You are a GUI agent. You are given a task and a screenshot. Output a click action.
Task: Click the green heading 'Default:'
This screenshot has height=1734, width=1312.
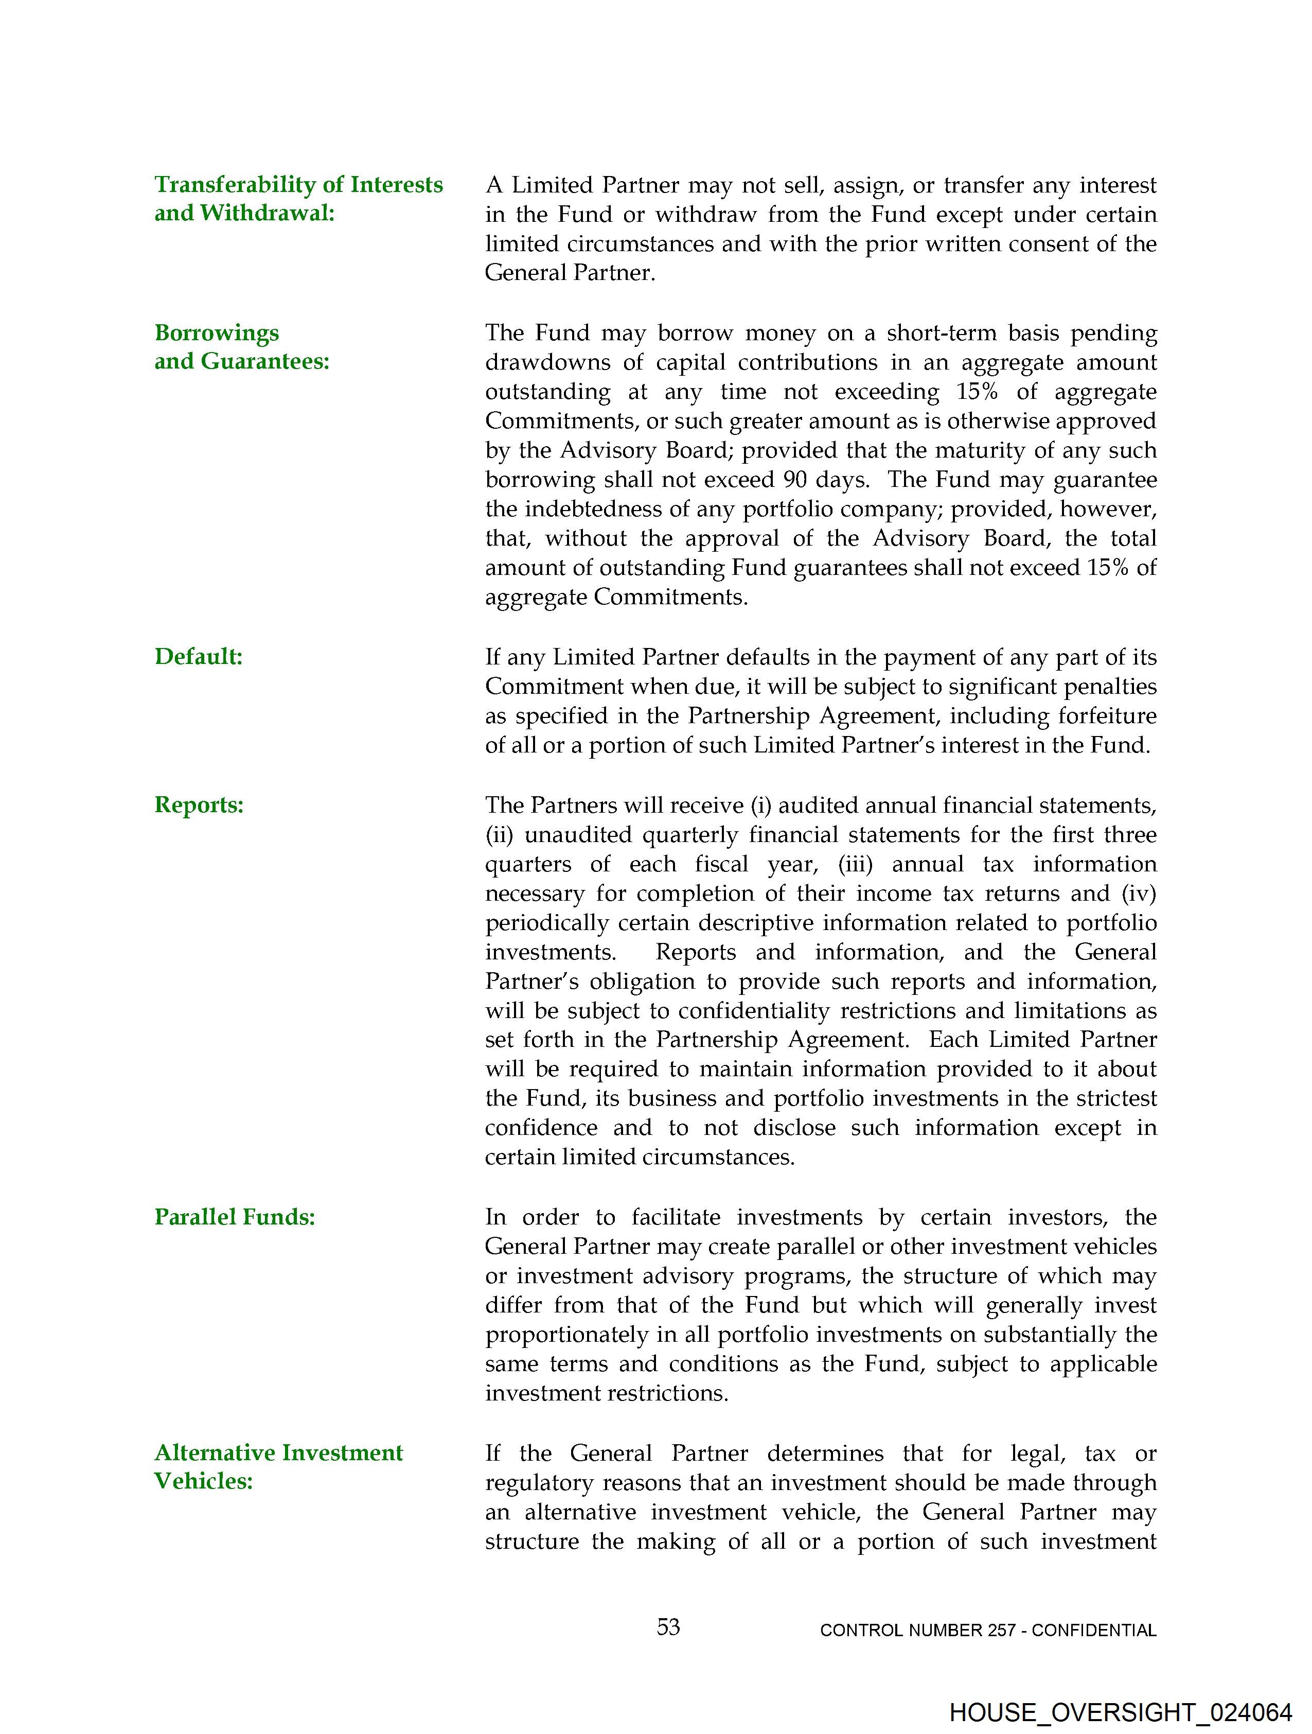click(x=198, y=657)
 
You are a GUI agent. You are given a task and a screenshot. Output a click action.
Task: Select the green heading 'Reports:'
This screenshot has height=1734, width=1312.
click(x=199, y=805)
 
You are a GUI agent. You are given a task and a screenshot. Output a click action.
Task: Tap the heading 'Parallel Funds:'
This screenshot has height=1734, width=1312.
click(x=234, y=1217)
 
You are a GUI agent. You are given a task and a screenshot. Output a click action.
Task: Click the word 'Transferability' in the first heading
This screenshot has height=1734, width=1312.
click(x=235, y=185)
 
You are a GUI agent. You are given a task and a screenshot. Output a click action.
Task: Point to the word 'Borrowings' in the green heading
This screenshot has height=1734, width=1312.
click(x=216, y=333)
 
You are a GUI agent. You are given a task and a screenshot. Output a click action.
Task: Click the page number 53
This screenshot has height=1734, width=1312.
click(x=668, y=1627)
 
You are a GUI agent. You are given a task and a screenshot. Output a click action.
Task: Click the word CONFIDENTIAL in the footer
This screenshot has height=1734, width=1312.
click(x=1094, y=1631)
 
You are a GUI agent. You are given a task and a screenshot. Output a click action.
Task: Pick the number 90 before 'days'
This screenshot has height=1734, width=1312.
click(x=795, y=480)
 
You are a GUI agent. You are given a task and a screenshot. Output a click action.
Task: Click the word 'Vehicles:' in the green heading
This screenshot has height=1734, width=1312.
click(x=203, y=1481)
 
